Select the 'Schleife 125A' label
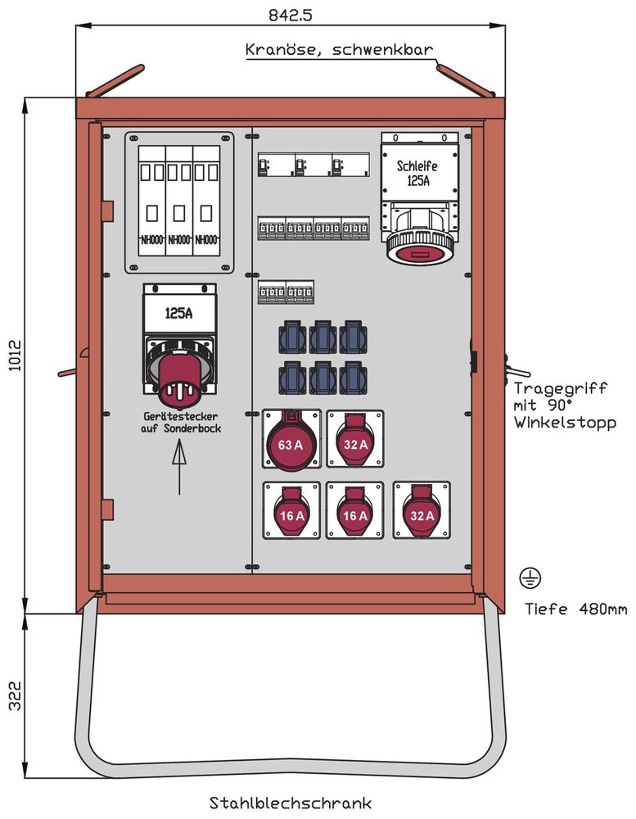click(417, 174)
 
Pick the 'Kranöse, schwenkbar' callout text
click(340, 50)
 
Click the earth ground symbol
click(529, 577)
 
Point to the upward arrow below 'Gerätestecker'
click(179, 467)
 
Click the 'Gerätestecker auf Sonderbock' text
click(180, 423)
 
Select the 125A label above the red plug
click(180, 313)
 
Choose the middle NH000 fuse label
click(179, 241)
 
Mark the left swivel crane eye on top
click(115, 81)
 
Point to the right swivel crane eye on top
click(465, 80)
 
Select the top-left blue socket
click(292, 337)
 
